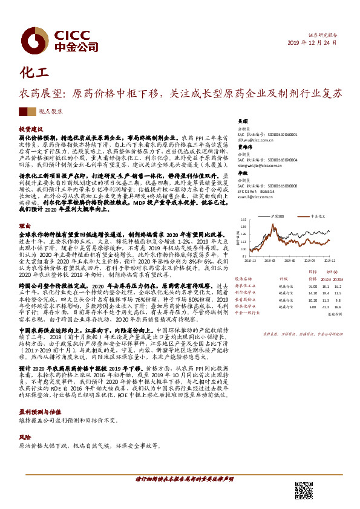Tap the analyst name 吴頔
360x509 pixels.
(x=241, y=121)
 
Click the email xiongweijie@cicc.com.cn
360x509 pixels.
(x=254, y=163)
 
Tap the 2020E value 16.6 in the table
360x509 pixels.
(x=338, y=306)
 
